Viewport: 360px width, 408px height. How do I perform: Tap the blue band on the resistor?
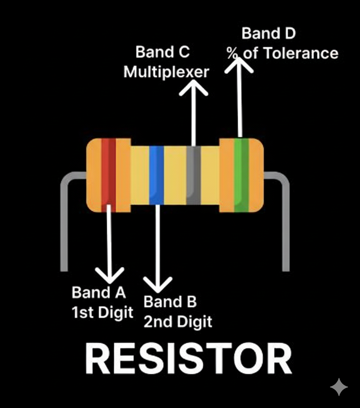coord(157,175)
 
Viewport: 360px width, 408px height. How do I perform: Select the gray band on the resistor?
coord(193,175)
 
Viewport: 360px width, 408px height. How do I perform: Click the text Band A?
coord(99,292)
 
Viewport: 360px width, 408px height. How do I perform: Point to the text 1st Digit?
coord(102,312)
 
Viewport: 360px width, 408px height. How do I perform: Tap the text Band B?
coord(170,302)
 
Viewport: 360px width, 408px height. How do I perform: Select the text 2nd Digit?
coord(178,321)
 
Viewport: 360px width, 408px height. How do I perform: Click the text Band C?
coord(162,52)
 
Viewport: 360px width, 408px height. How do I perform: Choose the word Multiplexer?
coord(166,72)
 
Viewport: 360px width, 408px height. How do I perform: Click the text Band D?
coord(268,33)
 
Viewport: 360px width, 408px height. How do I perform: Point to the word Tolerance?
coord(300,53)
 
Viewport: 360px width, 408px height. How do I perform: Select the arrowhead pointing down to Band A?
coord(110,276)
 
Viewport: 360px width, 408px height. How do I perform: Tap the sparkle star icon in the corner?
coord(339,387)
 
